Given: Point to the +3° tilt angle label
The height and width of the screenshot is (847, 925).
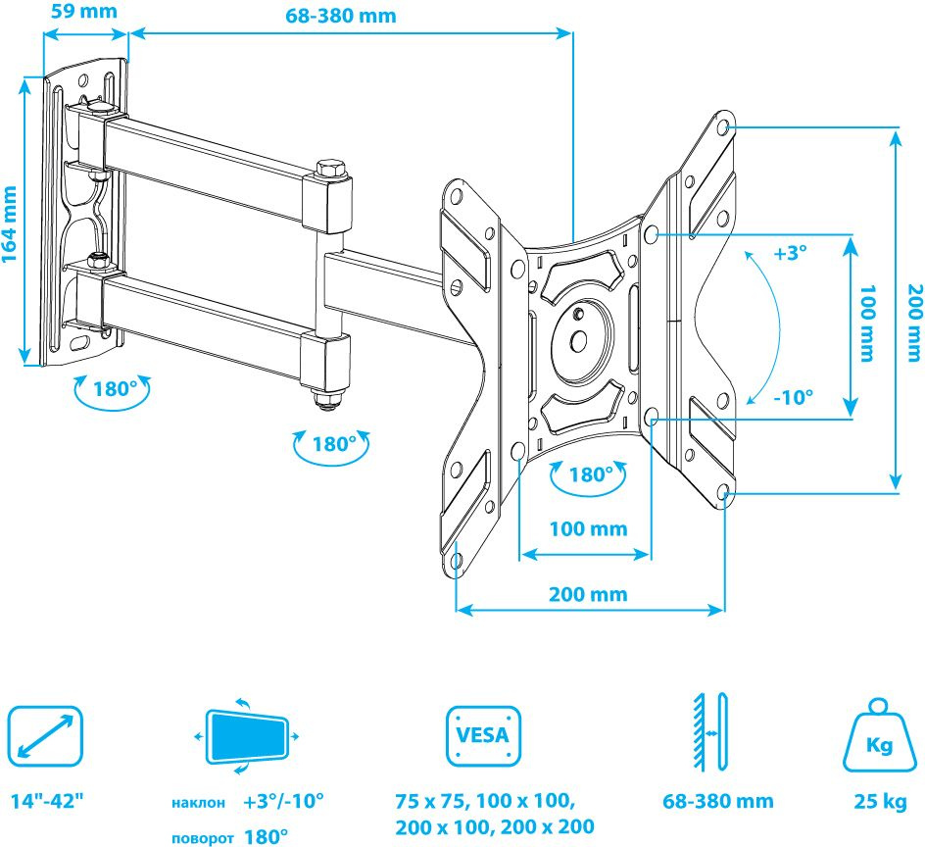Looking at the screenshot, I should [790, 253].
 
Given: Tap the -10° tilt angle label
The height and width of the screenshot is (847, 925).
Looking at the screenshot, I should [794, 398].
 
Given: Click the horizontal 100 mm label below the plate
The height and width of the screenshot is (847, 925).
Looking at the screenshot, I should [588, 529].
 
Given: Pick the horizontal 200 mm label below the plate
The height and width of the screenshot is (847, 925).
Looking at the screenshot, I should [588, 595].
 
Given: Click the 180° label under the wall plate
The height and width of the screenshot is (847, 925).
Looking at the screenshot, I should [115, 388].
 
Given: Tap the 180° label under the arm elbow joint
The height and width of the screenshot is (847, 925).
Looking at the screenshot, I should [333, 444].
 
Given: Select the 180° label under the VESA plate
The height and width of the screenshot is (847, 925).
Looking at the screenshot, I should [590, 475].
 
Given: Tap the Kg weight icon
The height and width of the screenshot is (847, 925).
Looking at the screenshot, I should [878, 735].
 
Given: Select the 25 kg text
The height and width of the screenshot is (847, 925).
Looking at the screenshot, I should [879, 802].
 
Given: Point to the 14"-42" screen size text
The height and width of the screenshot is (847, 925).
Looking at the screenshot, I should [47, 801].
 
